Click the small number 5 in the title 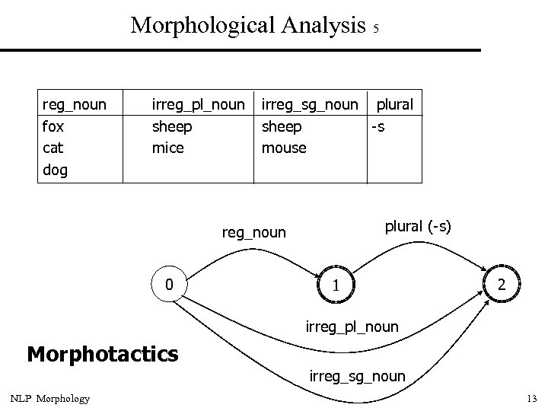[x=376, y=29]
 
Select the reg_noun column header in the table [x=74, y=104]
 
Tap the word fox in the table [x=53, y=126]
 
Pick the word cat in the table [x=53, y=148]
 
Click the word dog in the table [x=55, y=170]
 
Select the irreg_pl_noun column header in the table [x=199, y=104]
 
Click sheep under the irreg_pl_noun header [x=172, y=126]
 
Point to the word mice [x=168, y=148]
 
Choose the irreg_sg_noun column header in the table [x=309, y=104]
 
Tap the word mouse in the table [x=284, y=148]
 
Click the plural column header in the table [x=395, y=104]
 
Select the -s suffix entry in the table [x=377, y=126]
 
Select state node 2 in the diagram [x=501, y=285]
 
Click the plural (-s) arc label [x=417, y=227]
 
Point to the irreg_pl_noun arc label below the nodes [x=352, y=327]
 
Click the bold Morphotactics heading [x=102, y=354]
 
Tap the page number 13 [x=531, y=399]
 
